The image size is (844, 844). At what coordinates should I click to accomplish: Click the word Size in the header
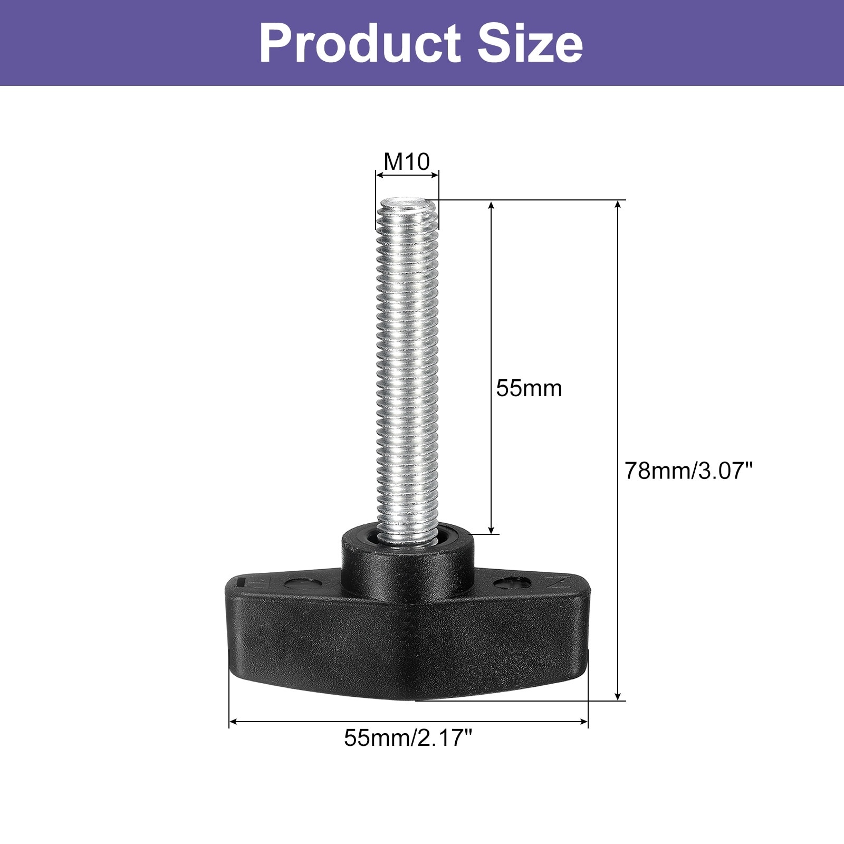530,43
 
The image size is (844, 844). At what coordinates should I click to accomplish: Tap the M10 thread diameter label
407,161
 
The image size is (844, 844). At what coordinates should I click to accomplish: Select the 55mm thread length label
529,388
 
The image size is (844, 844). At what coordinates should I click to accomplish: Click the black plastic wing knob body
407,633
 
